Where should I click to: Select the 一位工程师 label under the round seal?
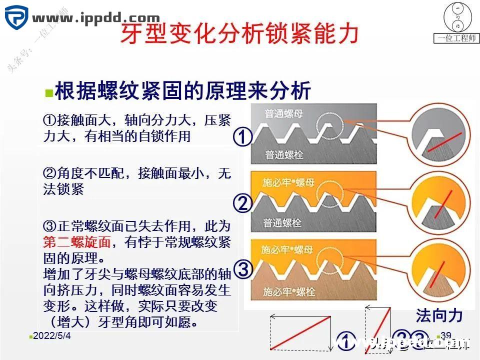pyautogui.click(x=456, y=38)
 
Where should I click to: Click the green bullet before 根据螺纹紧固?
pyautogui.click(x=48, y=93)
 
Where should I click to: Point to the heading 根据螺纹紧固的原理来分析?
pyautogui.click(x=183, y=90)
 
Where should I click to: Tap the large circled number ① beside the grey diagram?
pyautogui.click(x=243, y=136)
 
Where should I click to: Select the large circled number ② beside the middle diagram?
pyautogui.click(x=243, y=203)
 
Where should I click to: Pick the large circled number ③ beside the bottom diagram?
pyautogui.click(x=243, y=269)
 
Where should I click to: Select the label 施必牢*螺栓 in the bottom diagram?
pyautogui.click(x=289, y=290)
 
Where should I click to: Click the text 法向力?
pyautogui.click(x=438, y=315)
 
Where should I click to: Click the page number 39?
pyautogui.click(x=446, y=335)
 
